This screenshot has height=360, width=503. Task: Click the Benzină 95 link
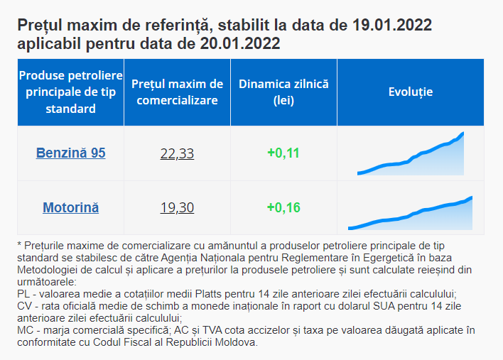(70, 153)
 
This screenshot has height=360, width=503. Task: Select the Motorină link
(70, 208)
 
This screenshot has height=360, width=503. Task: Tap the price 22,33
(177, 153)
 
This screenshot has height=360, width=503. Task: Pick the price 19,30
(177, 208)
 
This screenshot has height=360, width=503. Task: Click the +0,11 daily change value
(283, 153)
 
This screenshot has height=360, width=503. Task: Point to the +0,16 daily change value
(283, 208)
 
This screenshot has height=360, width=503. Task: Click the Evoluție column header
(410, 92)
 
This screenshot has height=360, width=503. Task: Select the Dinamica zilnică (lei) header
(283, 92)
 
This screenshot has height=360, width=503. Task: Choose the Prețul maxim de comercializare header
(177, 92)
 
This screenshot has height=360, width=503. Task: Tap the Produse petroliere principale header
(70, 92)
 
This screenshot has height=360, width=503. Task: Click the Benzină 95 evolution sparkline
(411, 154)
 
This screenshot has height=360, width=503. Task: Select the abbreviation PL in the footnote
(23, 294)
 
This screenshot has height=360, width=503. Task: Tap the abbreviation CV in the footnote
(24, 306)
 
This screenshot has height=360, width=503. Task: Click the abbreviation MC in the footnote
(24, 330)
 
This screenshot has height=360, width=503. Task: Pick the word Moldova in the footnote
(238, 342)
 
